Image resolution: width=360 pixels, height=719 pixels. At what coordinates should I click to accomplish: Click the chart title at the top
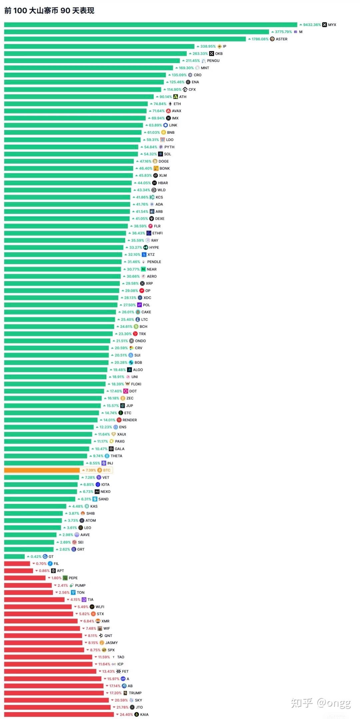[x=49, y=11]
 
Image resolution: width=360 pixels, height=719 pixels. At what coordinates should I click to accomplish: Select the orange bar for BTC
[x=42, y=470]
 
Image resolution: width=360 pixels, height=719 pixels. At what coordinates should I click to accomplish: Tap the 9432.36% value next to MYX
[x=312, y=25]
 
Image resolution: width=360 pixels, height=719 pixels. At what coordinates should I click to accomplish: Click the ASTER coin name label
[x=281, y=39]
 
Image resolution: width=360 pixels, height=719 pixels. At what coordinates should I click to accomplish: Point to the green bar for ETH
[x=76, y=104]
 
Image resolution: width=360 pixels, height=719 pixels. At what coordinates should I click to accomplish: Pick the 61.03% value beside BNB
[x=153, y=133]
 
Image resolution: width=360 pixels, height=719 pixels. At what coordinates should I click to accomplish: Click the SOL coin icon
[x=161, y=154]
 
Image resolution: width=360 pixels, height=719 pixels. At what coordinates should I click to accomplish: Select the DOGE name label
[x=164, y=161]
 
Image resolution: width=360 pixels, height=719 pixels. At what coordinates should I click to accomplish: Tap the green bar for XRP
[x=62, y=284]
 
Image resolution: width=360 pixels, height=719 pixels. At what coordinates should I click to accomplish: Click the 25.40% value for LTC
[x=127, y=320]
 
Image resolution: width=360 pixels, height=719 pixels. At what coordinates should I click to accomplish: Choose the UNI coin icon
[x=128, y=377]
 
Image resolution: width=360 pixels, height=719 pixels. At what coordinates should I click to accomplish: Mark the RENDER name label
[x=130, y=420]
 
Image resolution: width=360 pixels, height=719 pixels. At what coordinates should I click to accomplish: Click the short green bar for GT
[x=14, y=557]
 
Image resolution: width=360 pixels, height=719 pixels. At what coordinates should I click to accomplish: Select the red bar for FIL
[x=17, y=564]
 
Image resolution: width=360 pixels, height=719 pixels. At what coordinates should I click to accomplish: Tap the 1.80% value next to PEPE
[x=56, y=578]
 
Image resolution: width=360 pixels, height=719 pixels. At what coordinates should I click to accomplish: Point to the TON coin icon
[x=73, y=593]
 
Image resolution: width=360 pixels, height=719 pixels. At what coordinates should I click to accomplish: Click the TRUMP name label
[x=135, y=693]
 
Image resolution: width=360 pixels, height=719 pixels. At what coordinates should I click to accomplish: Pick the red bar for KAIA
[x=59, y=715]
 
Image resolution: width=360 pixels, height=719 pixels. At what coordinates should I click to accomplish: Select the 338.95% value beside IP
[x=208, y=46]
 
